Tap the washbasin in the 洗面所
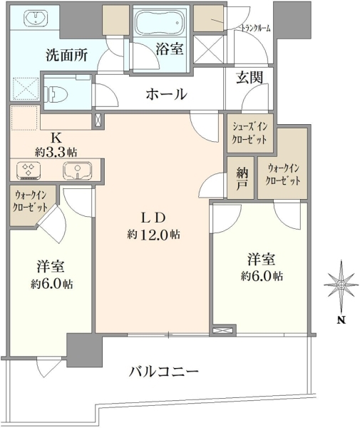36,17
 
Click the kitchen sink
78,170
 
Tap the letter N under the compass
341,320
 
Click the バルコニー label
164,372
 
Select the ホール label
166,94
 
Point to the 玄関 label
250,78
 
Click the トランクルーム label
255,28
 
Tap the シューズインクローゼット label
249,133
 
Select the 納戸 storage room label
242,178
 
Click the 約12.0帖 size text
153,234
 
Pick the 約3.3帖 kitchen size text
56,151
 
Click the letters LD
153,218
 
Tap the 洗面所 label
66,55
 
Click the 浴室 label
170,49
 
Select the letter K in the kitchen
56,138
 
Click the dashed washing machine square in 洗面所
26,88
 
